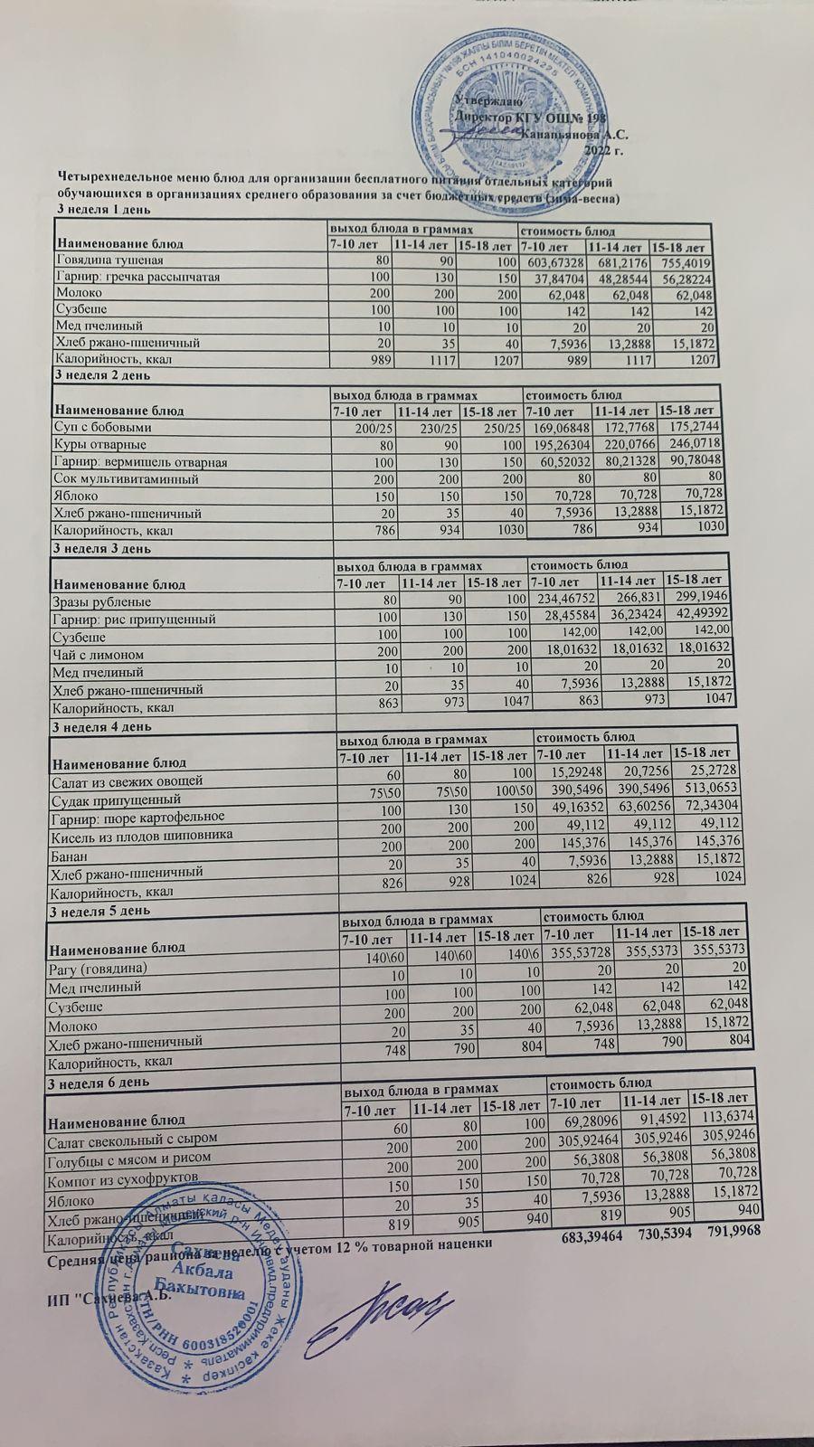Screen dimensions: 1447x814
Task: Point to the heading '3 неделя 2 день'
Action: (x=102, y=374)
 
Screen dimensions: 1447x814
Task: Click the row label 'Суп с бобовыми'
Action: (x=103, y=428)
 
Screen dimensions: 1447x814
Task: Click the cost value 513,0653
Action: (x=715, y=789)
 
